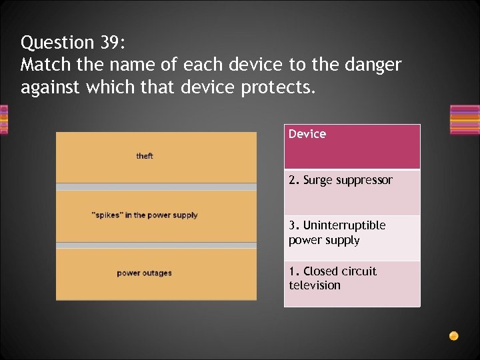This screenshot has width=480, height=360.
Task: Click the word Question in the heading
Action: [57, 43]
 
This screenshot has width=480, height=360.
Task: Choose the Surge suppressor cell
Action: [352, 192]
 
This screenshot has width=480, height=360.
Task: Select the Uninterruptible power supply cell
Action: [352, 237]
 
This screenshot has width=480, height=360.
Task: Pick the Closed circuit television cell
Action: [352, 283]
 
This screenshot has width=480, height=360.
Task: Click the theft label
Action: [145, 156]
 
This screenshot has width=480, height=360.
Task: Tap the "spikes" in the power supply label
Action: [145, 215]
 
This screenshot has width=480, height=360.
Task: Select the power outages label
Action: [145, 273]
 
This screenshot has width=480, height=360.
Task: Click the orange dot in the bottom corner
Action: [453, 335]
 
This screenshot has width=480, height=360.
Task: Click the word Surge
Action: [317, 180]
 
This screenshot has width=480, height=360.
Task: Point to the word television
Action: [315, 285]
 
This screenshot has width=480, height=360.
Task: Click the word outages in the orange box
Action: [158, 273]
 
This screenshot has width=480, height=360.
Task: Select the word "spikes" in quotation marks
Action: [105, 215]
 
